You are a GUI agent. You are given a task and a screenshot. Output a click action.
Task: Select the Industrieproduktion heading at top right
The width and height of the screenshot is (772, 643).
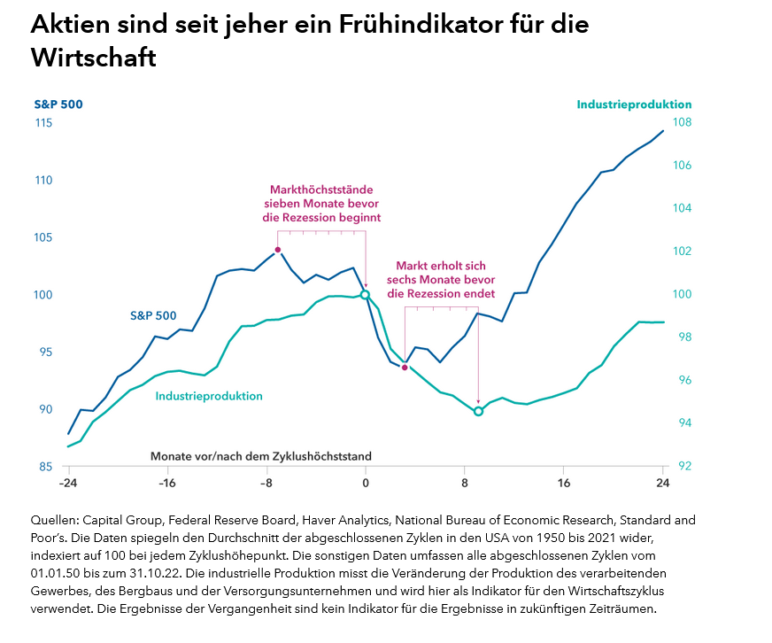[634, 105]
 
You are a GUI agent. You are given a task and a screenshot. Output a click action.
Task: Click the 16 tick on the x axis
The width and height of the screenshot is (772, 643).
[564, 484]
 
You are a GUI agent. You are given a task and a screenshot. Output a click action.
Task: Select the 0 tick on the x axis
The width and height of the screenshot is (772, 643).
[365, 484]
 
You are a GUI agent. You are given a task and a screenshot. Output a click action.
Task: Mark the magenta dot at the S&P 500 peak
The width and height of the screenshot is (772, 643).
[278, 250]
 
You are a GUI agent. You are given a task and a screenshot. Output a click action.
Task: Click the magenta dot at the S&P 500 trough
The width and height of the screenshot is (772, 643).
[405, 367]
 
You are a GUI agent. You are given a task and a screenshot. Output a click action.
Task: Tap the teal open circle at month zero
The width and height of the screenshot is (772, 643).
[365, 294]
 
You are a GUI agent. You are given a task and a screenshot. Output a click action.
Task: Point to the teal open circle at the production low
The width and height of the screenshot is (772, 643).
[478, 411]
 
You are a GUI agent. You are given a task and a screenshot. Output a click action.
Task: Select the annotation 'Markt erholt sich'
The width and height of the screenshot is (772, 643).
[440, 279]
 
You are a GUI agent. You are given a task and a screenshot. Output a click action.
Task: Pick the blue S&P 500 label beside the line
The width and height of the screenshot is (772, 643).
[153, 315]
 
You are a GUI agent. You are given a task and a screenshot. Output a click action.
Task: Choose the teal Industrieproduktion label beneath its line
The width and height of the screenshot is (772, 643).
[209, 396]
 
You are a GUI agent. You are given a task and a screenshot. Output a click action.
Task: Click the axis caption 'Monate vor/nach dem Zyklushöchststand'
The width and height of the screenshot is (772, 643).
[260, 455]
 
